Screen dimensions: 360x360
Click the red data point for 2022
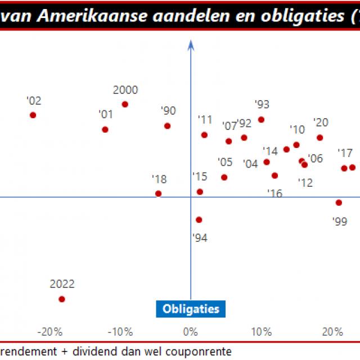click(62, 299)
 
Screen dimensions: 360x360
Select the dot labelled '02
click(33, 115)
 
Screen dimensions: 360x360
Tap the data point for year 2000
click(125, 104)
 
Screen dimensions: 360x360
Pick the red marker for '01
click(105, 129)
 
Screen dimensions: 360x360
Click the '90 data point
click(168, 126)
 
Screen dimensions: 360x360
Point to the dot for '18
click(158, 193)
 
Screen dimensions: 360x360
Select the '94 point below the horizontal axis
click(199, 220)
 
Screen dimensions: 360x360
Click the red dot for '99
click(339, 202)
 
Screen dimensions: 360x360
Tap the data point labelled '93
click(261, 119)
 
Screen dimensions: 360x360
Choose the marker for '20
click(319, 137)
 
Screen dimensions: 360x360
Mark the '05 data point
click(224, 177)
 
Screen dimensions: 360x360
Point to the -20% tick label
click(49, 331)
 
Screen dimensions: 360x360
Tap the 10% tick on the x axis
click(261, 331)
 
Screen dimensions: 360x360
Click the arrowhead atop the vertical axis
click(191, 43)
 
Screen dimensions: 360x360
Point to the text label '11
click(205, 119)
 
